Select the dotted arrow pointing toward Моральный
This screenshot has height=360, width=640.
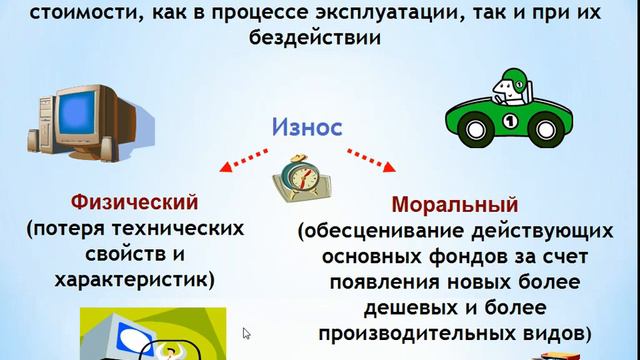click(371, 160)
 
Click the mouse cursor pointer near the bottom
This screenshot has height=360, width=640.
click(246, 333)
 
